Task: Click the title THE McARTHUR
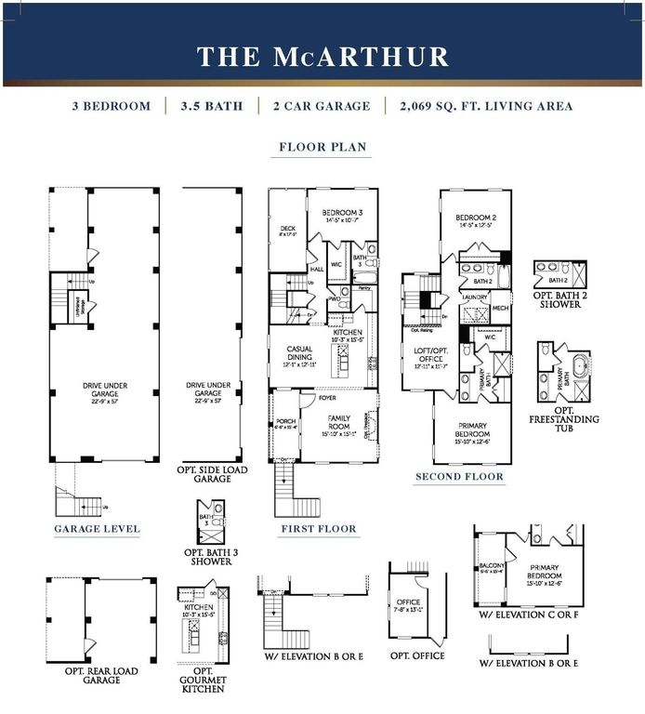(322, 56)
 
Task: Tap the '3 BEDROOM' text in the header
(111, 106)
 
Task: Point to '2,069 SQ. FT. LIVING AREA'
(486, 106)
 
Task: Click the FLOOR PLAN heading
(322, 147)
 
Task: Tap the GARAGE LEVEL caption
(97, 529)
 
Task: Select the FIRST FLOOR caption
(319, 529)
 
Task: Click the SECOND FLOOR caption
(459, 477)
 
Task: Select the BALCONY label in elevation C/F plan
(491, 566)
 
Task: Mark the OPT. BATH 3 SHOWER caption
(211, 557)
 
